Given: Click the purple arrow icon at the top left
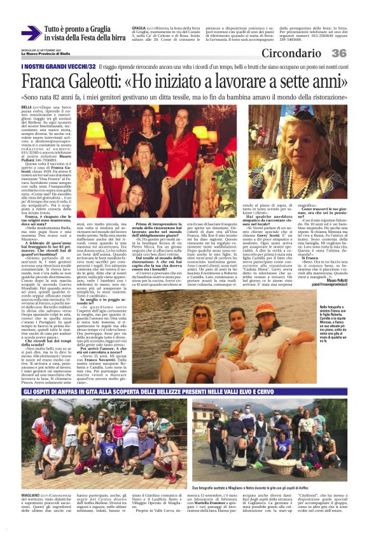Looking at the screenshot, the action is click(30, 33).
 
